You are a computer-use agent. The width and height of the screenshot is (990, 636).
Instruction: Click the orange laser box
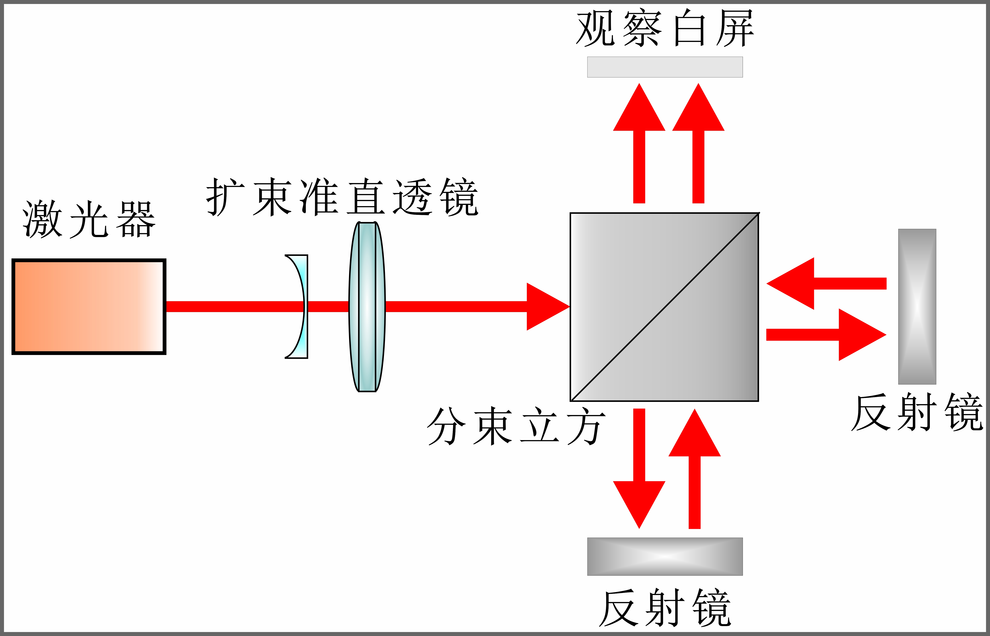[89, 306]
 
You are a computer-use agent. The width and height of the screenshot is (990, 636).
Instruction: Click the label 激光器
[89, 220]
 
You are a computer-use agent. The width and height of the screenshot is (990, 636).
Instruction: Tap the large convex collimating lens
[367, 306]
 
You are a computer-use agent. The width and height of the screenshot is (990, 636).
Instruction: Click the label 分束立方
[516, 426]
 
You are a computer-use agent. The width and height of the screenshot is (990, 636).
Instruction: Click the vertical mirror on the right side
[917, 306]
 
